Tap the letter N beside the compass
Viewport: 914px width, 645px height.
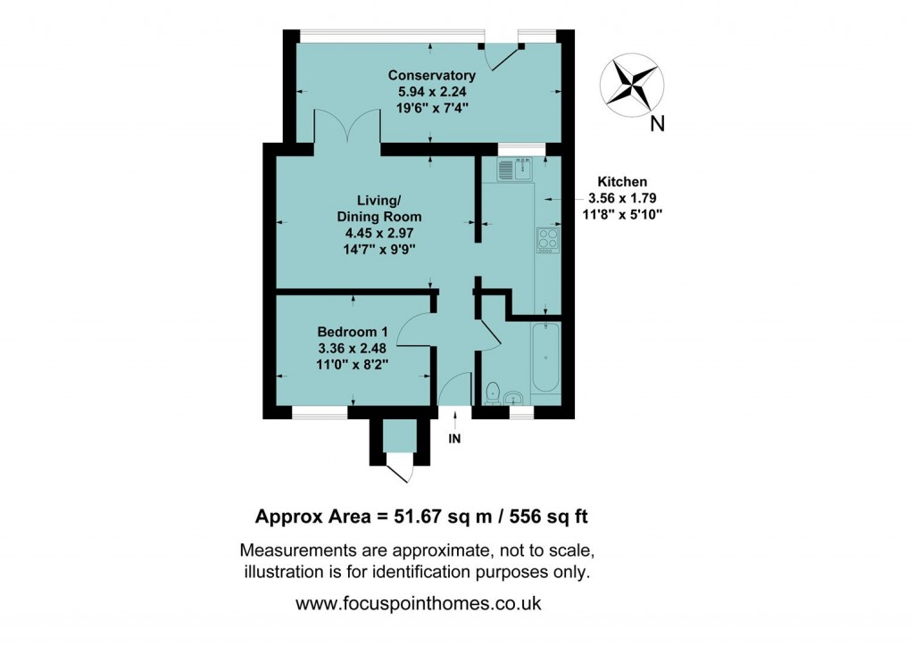[x=657, y=125]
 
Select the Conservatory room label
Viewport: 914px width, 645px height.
[x=432, y=75]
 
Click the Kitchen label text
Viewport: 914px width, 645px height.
[x=622, y=181]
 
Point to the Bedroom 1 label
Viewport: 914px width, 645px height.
[x=353, y=332]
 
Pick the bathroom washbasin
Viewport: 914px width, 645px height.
[x=515, y=397]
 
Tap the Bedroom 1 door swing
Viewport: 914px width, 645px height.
[x=413, y=332]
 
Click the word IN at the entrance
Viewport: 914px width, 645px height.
[x=454, y=439]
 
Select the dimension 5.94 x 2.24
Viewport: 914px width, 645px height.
[x=432, y=91]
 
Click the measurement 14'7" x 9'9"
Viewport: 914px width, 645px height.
[x=379, y=249]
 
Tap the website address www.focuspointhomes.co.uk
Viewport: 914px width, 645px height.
[x=418, y=603]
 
